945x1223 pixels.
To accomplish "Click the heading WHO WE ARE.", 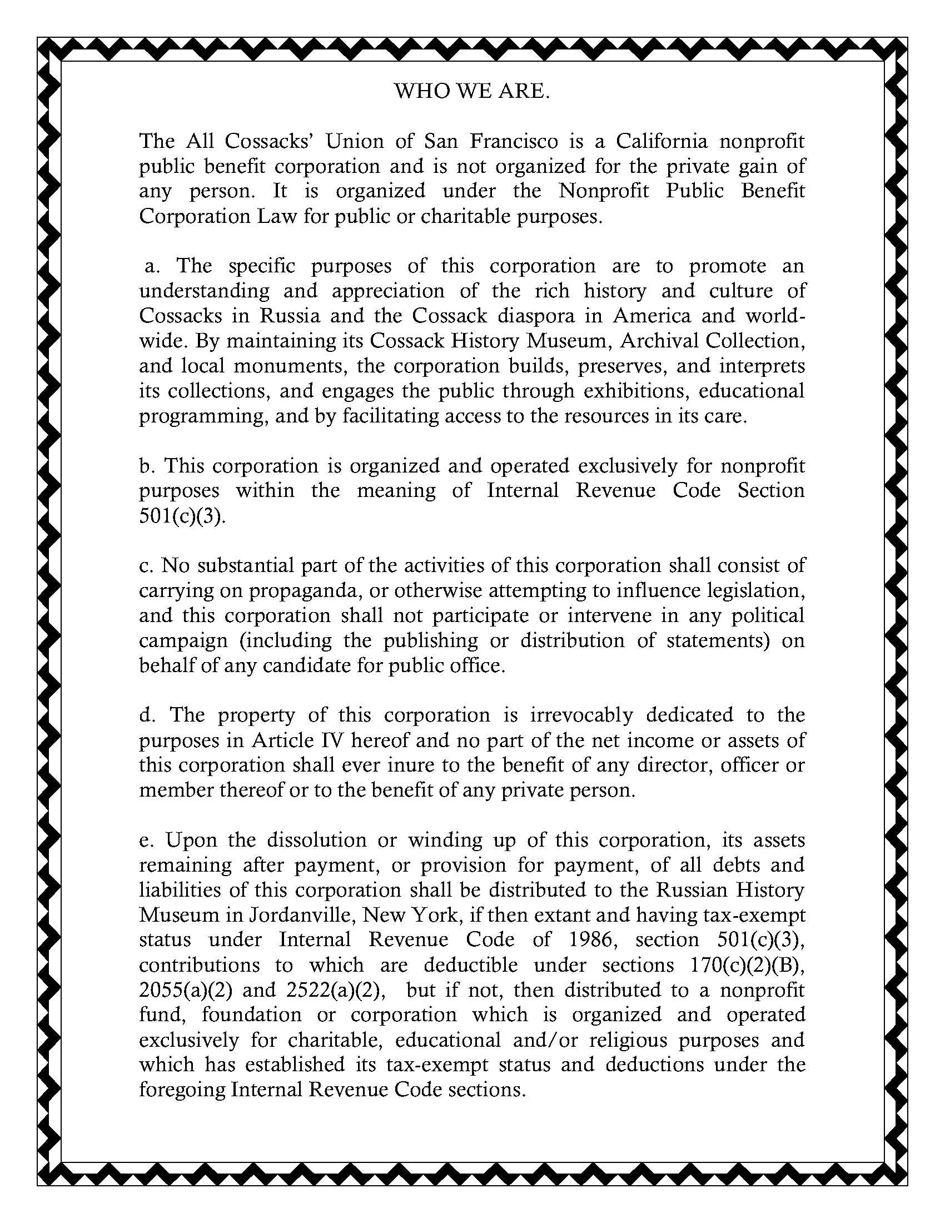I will [472, 91].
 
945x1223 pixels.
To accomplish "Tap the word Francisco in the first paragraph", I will [514, 141].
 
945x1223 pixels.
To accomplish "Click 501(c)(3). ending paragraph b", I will [182, 516].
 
